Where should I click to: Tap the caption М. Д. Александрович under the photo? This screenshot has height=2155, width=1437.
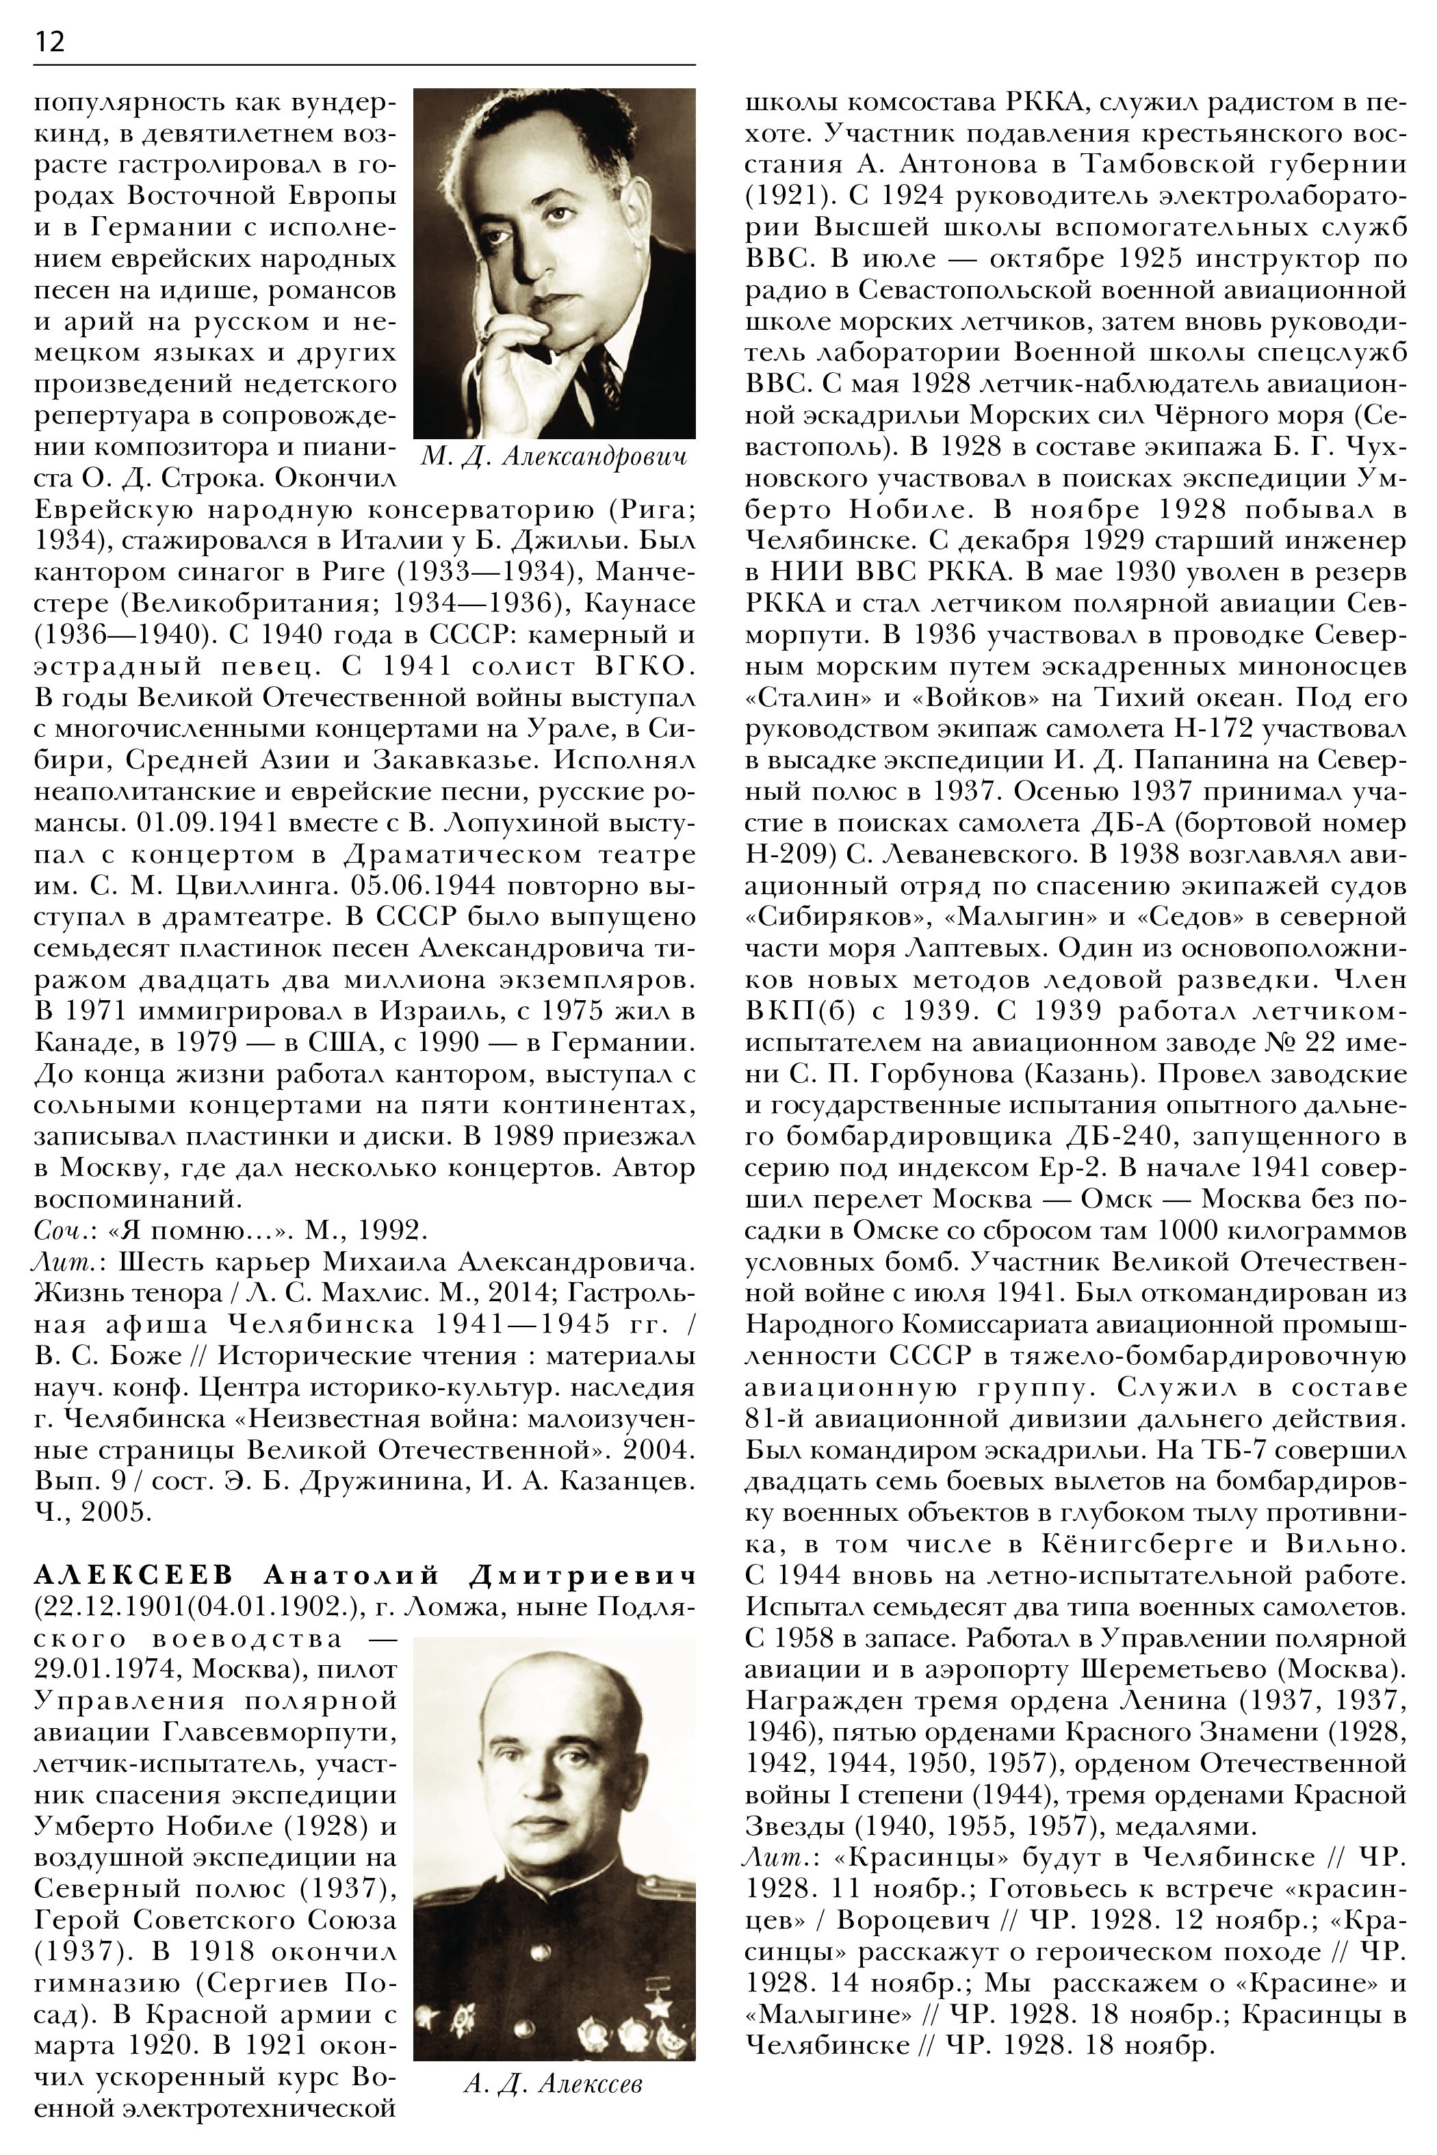(x=554, y=457)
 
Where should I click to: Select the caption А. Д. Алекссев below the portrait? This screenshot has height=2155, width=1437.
(x=554, y=2085)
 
